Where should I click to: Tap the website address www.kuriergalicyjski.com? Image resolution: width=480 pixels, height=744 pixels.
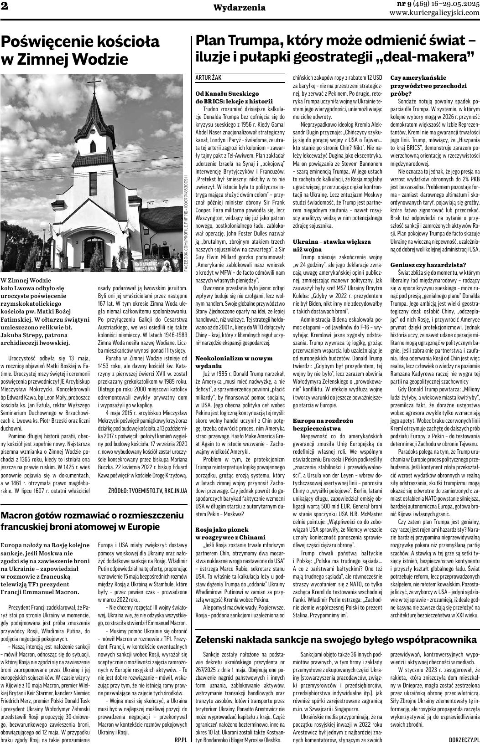[x=434, y=13]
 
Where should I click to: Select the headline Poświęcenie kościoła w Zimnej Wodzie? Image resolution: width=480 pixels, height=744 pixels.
[x=80, y=51]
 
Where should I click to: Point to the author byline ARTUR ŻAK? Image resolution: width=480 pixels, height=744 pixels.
[x=208, y=78]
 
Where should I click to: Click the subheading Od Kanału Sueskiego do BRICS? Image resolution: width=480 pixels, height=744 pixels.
[x=227, y=97]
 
